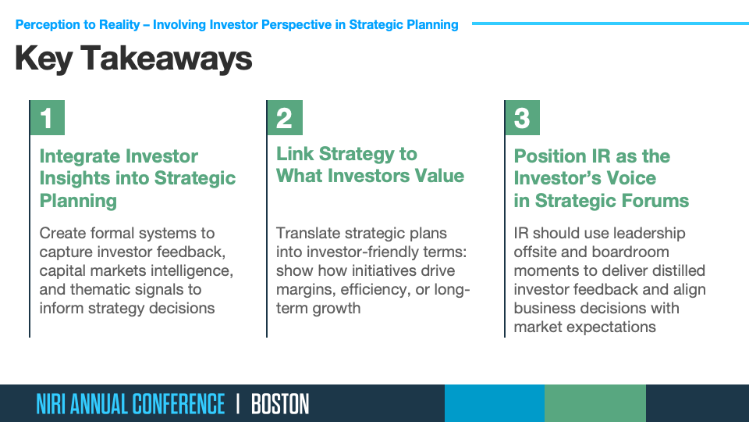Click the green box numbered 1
pos(48,118)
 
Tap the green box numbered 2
pos(285,118)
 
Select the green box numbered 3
pos(522,118)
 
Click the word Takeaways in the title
pos(166,59)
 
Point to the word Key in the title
pos(44,59)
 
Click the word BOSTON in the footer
pos(280,404)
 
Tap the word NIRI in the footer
pos(51,404)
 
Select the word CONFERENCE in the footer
pos(178,404)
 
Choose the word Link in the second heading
pos(294,154)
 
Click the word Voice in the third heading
pos(633,178)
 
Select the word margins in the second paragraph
pos(304,290)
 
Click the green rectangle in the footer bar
pos(595,403)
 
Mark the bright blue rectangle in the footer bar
pos(495,403)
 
